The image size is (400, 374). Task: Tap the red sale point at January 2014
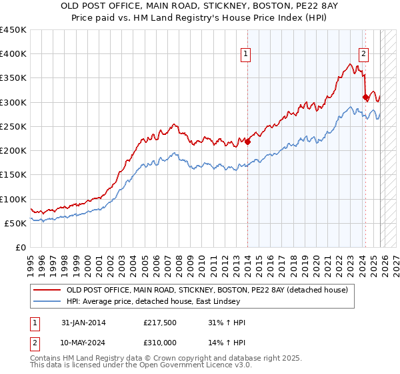tap(247, 142)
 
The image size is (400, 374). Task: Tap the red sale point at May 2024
tap(365, 97)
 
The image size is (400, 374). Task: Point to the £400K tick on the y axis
tap(14, 54)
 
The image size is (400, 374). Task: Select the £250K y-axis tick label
tap(14, 126)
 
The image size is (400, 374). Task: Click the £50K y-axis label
tap(17, 223)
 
